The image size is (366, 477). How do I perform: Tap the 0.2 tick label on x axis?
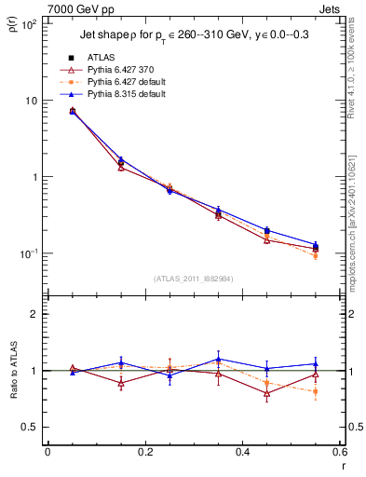pyautogui.click(x=144, y=453)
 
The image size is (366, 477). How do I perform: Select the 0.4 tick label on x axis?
pyautogui.click(x=242, y=453)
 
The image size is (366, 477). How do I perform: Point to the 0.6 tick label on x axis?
pyautogui.click(x=339, y=453)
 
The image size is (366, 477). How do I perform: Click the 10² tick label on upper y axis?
pyautogui.click(x=27, y=25)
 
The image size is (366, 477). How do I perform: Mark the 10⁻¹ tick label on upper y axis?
pyautogui.click(x=27, y=253)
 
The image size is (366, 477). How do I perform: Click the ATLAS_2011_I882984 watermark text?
pyautogui.click(x=193, y=278)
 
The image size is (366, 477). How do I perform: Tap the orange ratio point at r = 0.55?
pyautogui.click(x=315, y=391)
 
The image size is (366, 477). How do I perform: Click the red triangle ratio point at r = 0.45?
pyautogui.click(x=266, y=394)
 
